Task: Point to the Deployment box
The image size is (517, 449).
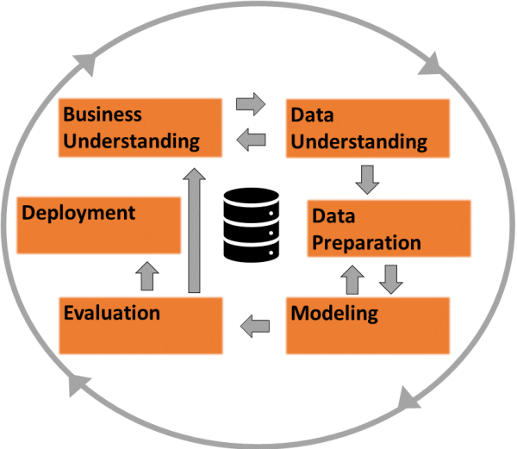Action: coord(99,224)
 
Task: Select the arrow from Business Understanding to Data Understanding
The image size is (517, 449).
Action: coord(252,105)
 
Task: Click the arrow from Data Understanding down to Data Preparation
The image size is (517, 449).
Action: coord(368,179)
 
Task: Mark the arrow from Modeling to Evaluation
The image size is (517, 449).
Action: coord(254,326)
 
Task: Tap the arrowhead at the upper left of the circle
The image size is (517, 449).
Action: coord(87,62)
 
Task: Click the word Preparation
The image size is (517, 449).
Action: coord(366,242)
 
